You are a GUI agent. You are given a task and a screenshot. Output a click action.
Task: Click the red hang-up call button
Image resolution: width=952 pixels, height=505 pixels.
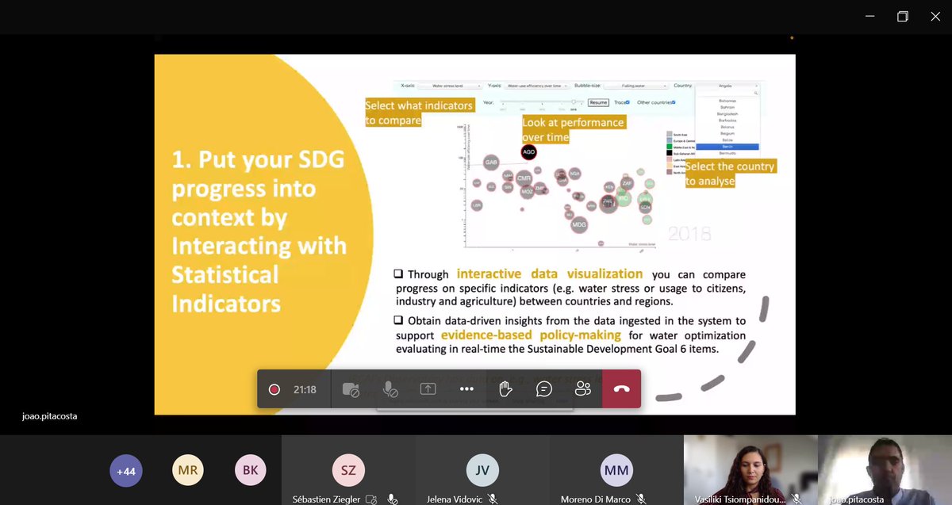coord(621,389)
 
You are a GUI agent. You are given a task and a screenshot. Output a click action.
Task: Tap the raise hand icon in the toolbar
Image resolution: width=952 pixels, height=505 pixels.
coord(505,389)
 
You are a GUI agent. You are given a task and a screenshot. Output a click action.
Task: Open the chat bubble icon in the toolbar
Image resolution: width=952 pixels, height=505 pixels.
coord(544,389)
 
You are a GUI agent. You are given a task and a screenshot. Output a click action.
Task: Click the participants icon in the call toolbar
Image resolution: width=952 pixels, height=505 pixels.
coord(583,389)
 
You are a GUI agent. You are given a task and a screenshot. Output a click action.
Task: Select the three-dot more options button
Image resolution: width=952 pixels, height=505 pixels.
coord(466,389)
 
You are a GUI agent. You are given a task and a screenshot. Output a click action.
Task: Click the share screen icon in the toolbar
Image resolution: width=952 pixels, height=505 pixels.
coord(428,389)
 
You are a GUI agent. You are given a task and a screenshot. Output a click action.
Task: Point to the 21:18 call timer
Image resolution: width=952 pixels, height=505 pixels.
coord(305,389)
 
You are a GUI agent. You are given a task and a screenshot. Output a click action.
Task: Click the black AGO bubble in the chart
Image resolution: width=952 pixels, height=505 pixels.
coord(529,152)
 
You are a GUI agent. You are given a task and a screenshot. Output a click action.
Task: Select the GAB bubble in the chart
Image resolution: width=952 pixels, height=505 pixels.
coord(491,163)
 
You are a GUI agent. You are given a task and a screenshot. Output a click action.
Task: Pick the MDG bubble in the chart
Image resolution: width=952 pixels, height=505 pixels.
coord(580,224)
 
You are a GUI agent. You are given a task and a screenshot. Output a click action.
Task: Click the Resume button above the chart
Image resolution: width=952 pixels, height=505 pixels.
coord(598,102)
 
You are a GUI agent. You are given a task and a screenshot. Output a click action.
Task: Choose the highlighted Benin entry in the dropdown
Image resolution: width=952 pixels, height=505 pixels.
coord(727,147)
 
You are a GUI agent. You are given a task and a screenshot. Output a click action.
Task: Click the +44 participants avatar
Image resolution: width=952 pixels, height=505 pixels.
coord(126,471)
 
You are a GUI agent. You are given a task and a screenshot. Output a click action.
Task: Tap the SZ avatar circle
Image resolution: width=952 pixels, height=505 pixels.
coord(347,470)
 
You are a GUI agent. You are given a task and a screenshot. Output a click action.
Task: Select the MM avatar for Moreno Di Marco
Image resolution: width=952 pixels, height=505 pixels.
coord(616,470)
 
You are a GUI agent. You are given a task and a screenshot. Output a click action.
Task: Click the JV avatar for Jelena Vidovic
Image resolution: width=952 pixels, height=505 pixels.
coord(482,470)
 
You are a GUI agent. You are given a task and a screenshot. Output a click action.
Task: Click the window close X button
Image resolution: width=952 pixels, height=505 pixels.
coord(935,17)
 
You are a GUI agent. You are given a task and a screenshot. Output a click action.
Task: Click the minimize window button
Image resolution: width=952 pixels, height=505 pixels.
coord(870,17)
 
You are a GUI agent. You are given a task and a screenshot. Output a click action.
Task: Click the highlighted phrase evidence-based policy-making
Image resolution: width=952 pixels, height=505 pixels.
coord(532,335)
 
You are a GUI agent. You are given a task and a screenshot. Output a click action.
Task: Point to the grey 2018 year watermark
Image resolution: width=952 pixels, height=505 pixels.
coord(689,234)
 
